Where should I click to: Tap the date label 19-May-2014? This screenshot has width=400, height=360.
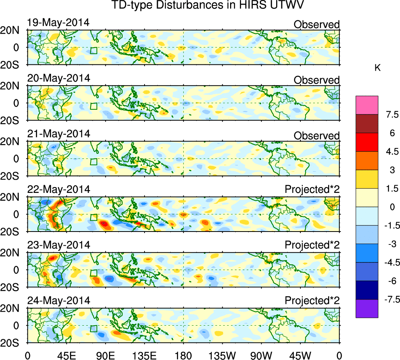pos(59,22)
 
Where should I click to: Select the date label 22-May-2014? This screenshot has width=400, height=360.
pos(59,189)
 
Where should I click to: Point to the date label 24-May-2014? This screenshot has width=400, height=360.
pos(59,301)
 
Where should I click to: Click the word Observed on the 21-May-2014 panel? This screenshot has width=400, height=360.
pos(316,135)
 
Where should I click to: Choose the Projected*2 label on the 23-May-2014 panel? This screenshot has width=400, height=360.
pos(312,245)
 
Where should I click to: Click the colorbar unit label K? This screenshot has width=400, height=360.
pos(377,68)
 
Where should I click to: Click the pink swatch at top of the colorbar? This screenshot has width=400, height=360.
pos(367,105)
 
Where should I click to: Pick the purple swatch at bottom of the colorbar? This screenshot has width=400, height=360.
pos(367,308)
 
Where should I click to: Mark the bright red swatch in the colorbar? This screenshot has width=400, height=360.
pos(367,142)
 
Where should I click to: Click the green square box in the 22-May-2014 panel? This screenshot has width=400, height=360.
pos(93,218)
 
